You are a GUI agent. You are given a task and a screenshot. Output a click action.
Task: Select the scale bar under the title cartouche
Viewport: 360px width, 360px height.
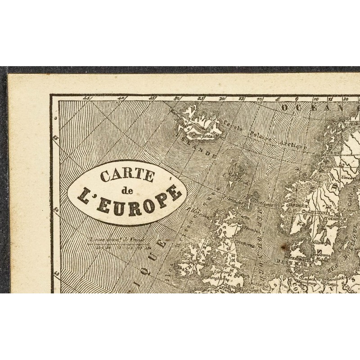point(119,245)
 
